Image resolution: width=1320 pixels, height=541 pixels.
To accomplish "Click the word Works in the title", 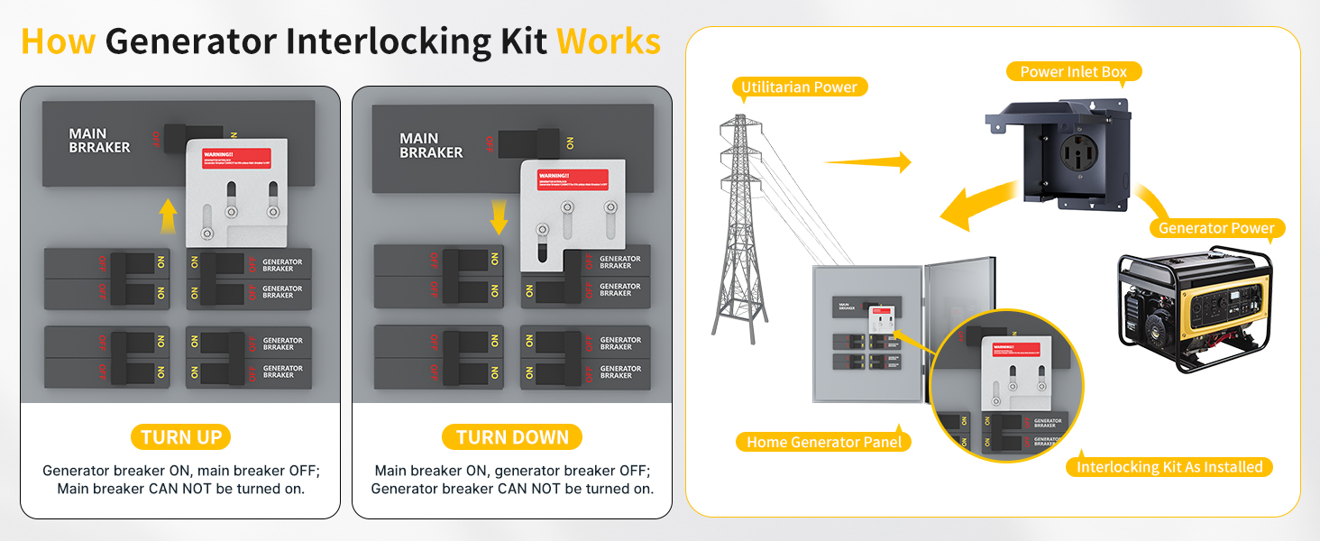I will [609, 41].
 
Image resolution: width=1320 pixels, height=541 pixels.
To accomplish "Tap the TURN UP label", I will [181, 438].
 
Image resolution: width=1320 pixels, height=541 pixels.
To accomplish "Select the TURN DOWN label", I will [512, 438].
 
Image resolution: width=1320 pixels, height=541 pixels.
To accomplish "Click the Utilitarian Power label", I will [800, 87].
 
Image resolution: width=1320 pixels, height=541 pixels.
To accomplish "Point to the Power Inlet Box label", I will [1073, 71].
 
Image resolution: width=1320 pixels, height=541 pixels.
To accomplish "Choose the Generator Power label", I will [1216, 228].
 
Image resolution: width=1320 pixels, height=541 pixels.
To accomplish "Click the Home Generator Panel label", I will [825, 442].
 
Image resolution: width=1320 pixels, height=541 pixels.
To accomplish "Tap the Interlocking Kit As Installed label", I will [1169, 467].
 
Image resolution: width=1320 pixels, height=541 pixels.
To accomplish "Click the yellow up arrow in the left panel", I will [167, 217].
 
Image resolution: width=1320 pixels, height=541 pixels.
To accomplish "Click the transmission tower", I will [740, 225].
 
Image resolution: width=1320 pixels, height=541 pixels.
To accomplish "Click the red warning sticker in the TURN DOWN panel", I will [571, 179].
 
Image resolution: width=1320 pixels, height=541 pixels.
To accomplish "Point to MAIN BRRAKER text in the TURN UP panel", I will [99, 141].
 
